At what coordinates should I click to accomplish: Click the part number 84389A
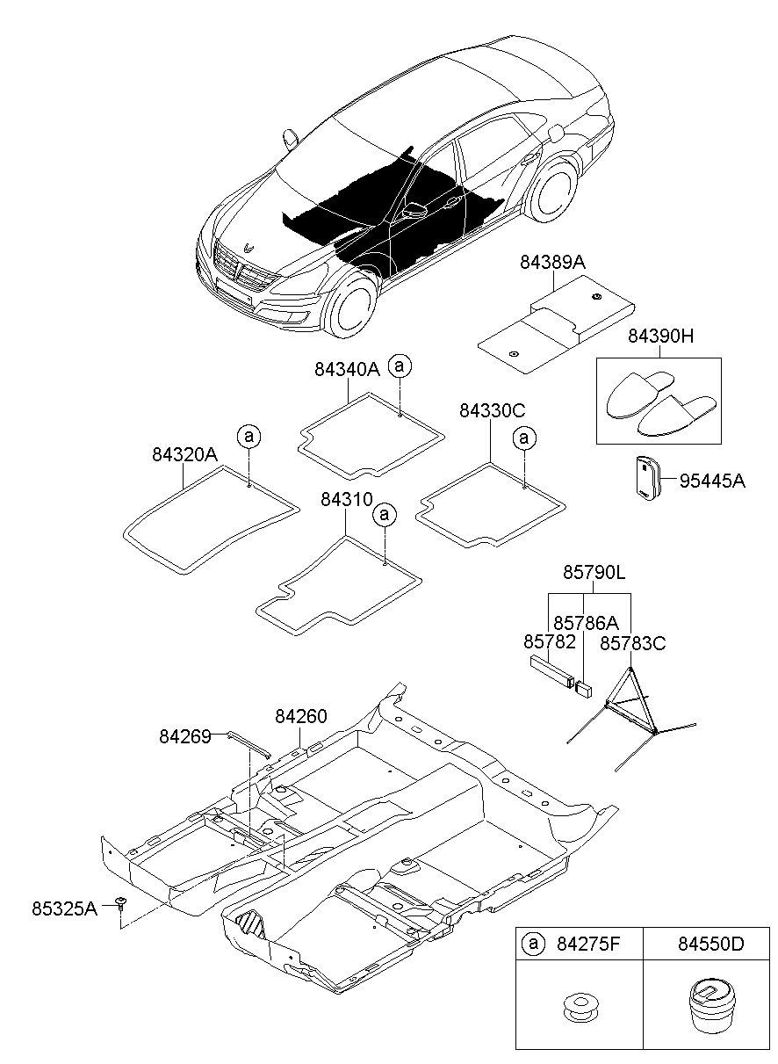pyautogui.click(x=552, y=262)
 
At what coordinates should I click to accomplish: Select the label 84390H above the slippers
pyautogui.click(x=660, y=336)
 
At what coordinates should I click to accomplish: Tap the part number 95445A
pyautogui.click(x=712, y=481)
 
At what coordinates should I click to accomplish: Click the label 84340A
pyautogui.click(x=347, y=369)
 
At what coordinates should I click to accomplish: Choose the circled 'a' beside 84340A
pyautogui.click(x=400, y=366)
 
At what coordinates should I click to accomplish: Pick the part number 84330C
pyautogui.click(x=493, y=410)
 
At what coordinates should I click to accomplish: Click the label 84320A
pyautogui.click(x=184, y=454)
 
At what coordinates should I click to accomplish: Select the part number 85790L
pyautogui.click(x=594, y=572)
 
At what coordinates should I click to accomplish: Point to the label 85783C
pyautogui.click(x=633, y=644)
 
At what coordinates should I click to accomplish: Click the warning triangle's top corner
pyautogui.click(x=630, y=668)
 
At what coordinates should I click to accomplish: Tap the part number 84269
pyautogui.click(x=184, y=737)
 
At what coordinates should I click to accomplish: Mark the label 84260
pyautogui.click(x=301, y=716)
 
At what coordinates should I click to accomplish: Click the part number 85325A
pyautogui.click(x=65, y=909)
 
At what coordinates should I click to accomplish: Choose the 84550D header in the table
pyautogui.click(x=710, y=944)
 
